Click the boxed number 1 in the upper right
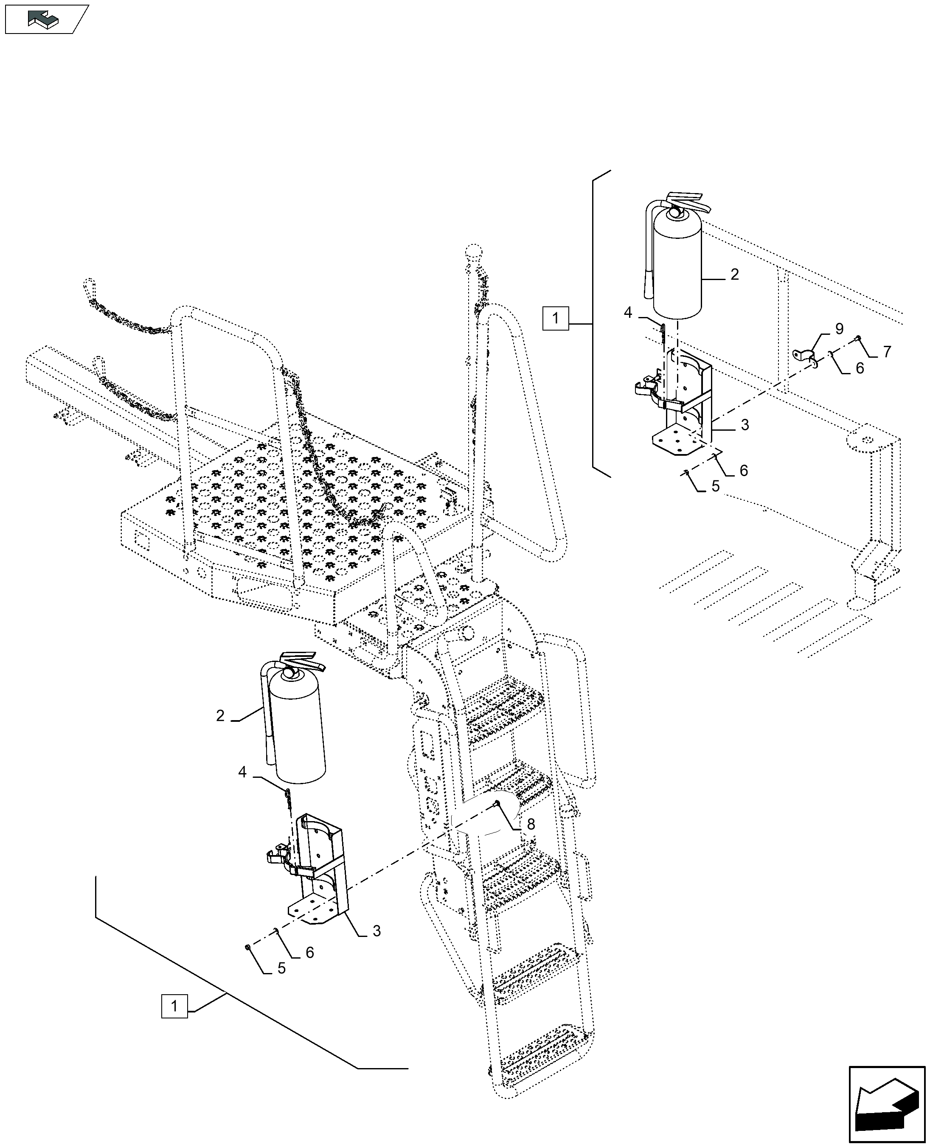pos(555,319)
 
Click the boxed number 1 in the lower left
pos(174,1006)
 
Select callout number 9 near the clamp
pos(839,329)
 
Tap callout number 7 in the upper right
pos(887,352)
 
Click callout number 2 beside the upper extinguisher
pos(734,275)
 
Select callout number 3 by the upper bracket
pos(745,425)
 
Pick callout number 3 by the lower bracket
pos(376,931)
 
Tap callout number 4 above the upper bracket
pos(628,312)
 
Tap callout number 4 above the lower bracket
pos(242,773)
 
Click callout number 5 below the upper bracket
pos(715,487)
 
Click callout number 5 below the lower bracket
pos(281,969)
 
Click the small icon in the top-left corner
pos(45,19)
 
